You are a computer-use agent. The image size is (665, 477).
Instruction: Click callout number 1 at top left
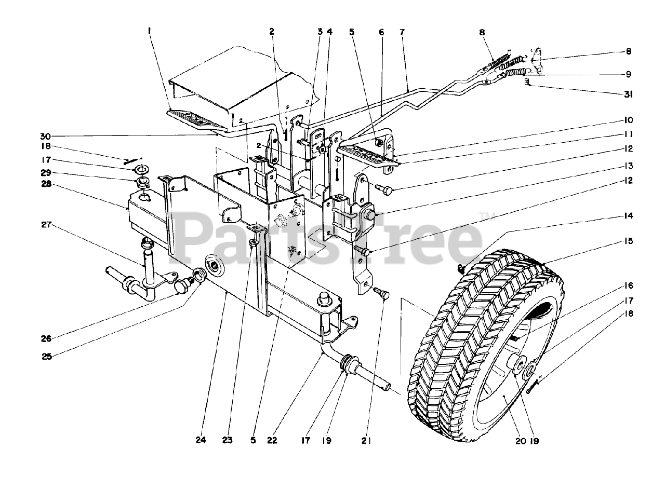149,31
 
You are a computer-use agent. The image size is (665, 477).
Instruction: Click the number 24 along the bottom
201,441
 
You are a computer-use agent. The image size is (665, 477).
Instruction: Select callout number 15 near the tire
628,241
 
